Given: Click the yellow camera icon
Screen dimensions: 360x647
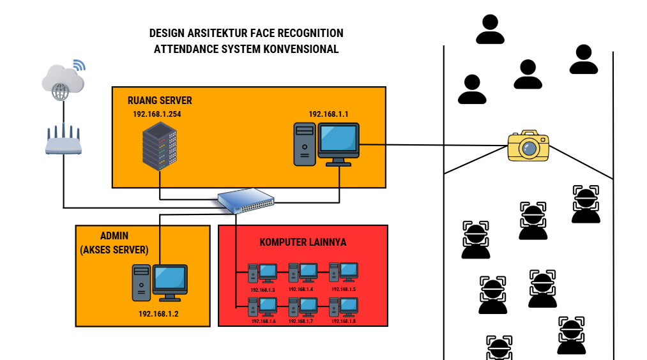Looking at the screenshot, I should tap(528, 146).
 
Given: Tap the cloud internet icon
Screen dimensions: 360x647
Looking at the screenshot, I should tap(63, 80).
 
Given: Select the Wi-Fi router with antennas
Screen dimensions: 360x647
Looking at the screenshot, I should tap(64, 142).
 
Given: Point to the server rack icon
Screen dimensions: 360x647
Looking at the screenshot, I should tap(159, 146).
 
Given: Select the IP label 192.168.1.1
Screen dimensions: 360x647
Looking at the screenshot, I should tap(328, 114).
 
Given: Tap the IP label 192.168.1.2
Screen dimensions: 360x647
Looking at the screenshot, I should tap(158, 313).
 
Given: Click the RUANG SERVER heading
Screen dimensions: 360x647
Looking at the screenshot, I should tap(160, 101).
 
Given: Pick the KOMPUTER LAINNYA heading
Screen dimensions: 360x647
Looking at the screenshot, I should tap(303, 243).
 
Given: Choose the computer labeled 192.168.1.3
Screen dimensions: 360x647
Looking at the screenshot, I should tap(263, 273).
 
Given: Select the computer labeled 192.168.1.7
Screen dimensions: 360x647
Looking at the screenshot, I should tap(302, 308).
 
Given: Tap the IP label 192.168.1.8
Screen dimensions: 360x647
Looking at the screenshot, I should tap(344, 321).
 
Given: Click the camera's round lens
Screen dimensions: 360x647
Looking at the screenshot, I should tap(528, 148).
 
